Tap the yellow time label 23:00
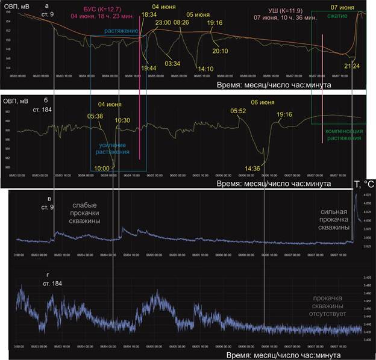(x=164, y=22)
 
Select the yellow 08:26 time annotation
(x=180, y=22)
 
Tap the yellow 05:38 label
(x=95, y=116)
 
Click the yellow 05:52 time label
(x=239, y=111)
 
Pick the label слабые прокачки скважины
(x=86, y=213)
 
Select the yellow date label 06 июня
(x=263, y=103)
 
